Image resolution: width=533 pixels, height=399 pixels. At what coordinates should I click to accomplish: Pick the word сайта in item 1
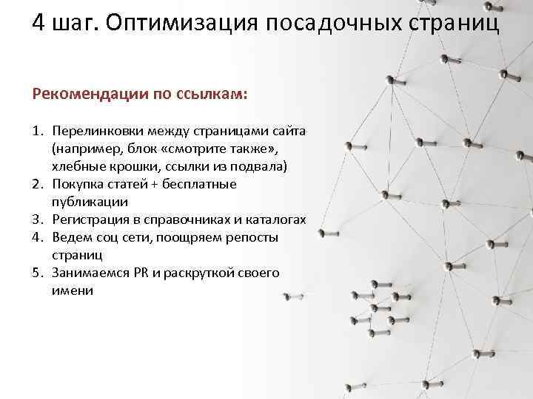tap(289, 131)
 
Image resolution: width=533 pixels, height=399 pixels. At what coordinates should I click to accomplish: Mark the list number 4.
tap(37, 237)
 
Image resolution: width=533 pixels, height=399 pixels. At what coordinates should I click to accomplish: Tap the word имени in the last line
tap(73, 290)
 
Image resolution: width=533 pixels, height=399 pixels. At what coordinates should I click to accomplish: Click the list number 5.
tap(37, 273)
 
